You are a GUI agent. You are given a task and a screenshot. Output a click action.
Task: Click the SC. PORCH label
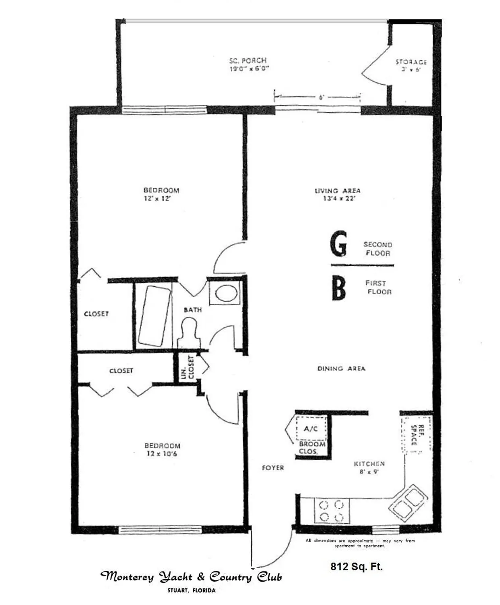(248, 60)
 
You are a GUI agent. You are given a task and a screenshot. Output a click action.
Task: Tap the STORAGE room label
(410, 62)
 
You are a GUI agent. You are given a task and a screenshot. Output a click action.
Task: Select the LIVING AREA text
(337, 191)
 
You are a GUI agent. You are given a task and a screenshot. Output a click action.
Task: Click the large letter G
(338, 244)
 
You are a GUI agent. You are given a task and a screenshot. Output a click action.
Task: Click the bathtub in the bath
(152, 316)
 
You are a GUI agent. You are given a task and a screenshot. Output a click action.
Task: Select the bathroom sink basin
(226, 293)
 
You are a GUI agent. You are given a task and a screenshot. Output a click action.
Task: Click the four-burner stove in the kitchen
(331, 511)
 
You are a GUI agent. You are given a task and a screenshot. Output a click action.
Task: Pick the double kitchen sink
(408, 503)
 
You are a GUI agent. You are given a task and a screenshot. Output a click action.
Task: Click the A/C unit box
(311, 429)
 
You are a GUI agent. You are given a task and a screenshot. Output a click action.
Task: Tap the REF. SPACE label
(417, 435)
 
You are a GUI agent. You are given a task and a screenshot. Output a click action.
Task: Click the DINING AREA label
(341, 369)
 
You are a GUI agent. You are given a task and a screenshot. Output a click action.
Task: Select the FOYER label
(273, 468)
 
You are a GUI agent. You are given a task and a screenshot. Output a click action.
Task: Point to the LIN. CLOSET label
(188, 367)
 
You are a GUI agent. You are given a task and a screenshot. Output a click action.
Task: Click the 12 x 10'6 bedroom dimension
(162, 454)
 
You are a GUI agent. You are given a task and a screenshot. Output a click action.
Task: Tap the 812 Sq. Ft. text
(356, 567)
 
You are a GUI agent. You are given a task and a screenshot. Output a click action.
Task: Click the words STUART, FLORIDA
(191, 590)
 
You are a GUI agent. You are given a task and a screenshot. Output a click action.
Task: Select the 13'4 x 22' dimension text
(339, 198)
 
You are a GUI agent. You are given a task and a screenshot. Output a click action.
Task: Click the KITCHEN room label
(369, 464)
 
